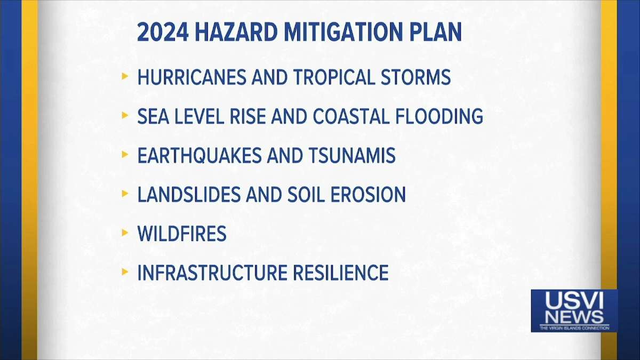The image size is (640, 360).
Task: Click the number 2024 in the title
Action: coord(163,32)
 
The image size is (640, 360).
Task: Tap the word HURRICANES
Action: coord(191,77)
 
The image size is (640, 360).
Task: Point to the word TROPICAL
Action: coord(334,77)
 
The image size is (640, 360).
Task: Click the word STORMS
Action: coord(415,77)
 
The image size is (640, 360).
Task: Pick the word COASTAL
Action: coord(351,116)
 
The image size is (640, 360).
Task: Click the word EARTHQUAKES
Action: coord(199,155)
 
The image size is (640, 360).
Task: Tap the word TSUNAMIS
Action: coord(353,155)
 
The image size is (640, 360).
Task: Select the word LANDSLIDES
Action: coord(189,195)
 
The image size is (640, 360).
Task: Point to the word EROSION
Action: coord(368,195)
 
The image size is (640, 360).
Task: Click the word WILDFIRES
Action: coord(182,234)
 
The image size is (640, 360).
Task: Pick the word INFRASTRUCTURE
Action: coord(212,273)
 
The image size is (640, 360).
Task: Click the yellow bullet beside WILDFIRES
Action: coord(125,233)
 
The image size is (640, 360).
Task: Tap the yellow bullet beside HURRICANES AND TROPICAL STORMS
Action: coord(125,76)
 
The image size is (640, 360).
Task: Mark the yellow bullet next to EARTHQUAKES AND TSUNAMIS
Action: coord(125,154)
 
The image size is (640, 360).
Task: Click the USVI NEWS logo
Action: coord(574,311)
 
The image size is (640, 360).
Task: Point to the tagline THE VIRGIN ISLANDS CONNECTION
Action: coord(574,328)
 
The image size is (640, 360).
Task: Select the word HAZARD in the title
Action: coord(236,32)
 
